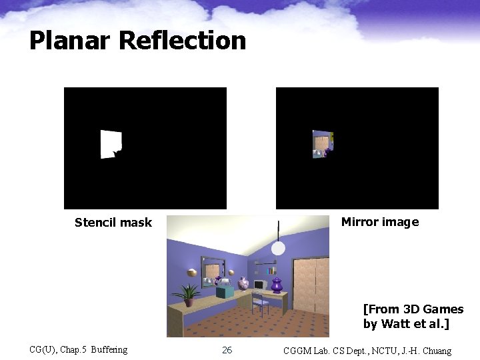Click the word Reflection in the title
183,41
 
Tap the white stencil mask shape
111,144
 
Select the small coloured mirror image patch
322,144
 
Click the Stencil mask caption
113,223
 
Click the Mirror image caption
380,222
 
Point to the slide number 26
227,350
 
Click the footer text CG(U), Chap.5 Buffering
79,350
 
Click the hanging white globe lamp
278,249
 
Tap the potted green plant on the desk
188,294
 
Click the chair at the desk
260,304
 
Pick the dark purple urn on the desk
277,285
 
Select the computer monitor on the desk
259,285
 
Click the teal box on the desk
225,291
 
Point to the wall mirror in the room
213,271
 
